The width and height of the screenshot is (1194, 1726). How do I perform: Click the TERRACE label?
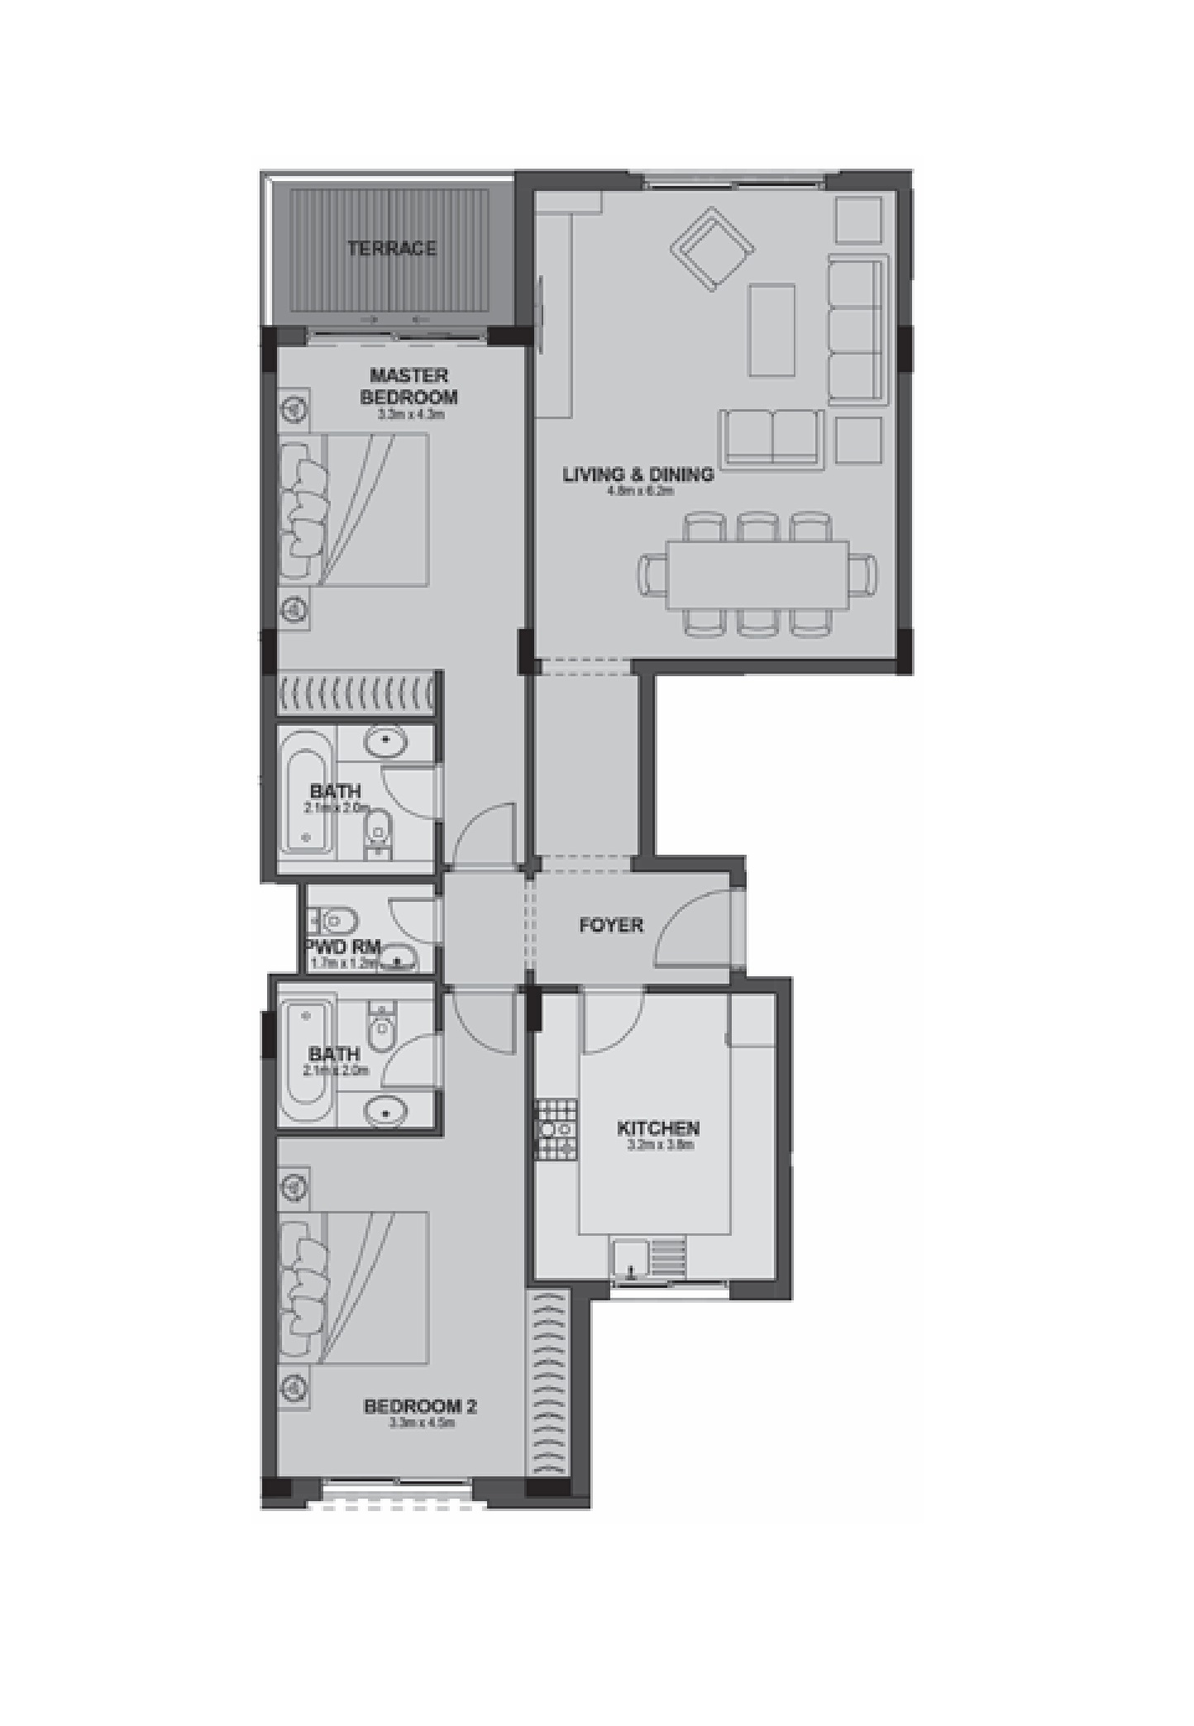click(391, 248)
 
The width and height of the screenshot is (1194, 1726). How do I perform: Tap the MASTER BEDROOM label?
click(408, 386)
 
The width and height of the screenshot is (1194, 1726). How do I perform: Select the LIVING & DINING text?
click(638, 474)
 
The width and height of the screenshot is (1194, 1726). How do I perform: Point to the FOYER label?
click(610, 925)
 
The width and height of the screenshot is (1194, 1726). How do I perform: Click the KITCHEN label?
click(658, 1128)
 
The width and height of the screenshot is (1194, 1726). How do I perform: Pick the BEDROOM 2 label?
click(420, 1405)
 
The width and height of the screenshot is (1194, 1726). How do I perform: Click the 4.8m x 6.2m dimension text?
click(640, 491)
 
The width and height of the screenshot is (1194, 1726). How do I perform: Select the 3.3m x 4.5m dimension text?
click(422, 1423)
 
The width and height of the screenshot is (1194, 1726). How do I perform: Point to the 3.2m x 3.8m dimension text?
click(660, 1145)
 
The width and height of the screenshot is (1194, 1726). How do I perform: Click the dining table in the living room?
click(758, 574)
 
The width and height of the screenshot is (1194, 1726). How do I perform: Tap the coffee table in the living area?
click(771, 329)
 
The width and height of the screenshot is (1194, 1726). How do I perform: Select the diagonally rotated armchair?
click(711, 249)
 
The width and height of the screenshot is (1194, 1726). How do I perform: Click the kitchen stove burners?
click(556, 1129)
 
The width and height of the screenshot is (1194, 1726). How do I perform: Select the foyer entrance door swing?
click(691, 928)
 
